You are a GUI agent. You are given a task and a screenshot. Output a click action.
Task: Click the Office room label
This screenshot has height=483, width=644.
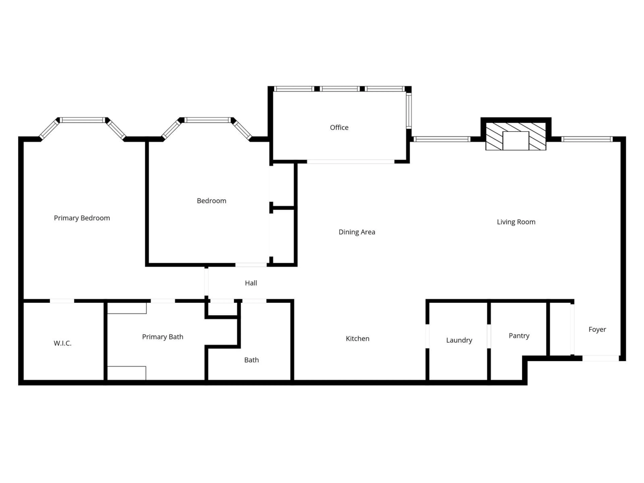click(x=339, y=127)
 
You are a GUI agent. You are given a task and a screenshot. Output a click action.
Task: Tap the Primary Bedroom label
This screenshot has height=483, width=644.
click(x=82, y=218)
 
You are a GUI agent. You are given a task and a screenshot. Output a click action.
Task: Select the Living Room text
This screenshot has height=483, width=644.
click(x=516, y=222)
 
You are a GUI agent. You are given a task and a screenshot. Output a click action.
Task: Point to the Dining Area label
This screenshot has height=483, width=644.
click(x=357, y=232)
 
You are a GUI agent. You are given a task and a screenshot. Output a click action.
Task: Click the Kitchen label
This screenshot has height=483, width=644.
click(x=358, y=339)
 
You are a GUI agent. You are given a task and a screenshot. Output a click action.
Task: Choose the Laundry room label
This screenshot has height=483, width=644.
click(x=459, y=340)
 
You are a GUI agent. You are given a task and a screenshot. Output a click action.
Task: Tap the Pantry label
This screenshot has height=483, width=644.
click(x=519, y=336)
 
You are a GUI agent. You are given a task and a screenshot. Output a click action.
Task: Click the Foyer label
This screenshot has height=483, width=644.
click(x=597, y=329)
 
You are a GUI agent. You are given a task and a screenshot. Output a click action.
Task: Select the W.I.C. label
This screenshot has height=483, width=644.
click(x=63, y=343)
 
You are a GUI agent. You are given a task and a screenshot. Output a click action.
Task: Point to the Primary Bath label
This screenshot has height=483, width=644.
click(x=163, y=337)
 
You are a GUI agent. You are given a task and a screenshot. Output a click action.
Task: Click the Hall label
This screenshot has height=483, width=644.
click(x=251, y=283)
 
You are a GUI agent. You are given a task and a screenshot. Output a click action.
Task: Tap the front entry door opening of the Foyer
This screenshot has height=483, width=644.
click(x=600, y=358)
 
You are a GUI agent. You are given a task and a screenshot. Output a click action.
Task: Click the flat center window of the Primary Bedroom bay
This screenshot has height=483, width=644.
click(x=83, y=120)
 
